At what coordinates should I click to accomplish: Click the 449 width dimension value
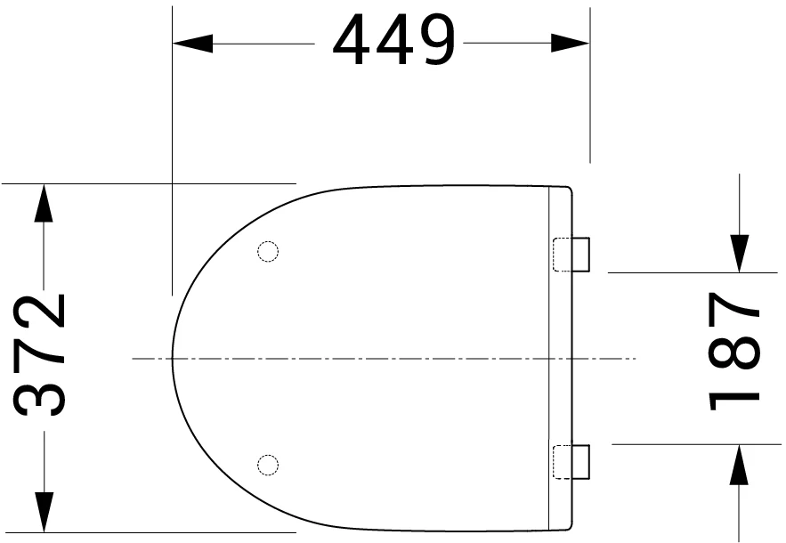pyautogui.click(x=393, y=42)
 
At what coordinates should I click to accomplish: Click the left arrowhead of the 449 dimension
pyautogui.click(x=192, y=43)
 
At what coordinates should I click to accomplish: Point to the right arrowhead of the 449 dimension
pyautogui.click(x=570, y=43)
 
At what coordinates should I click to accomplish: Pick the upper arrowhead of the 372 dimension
pyautogui.click(x=42, y=203)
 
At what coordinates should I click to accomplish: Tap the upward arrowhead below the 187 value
pyautogui.click(x=739, y=464)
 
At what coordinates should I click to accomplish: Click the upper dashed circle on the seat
pyautogui.click(x=267, y=252)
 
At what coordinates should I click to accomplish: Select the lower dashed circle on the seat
pyautogui.click(x=267, y=463)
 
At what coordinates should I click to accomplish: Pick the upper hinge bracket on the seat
pyautogui.click(x=572, y=254)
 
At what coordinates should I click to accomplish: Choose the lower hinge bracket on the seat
pyautogui.click(x=572, y=461)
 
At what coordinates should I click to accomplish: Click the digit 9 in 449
pyautogui.click(x=434, y=42)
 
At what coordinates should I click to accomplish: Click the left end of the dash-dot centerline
pyautogui.click(x=134, y=359)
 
